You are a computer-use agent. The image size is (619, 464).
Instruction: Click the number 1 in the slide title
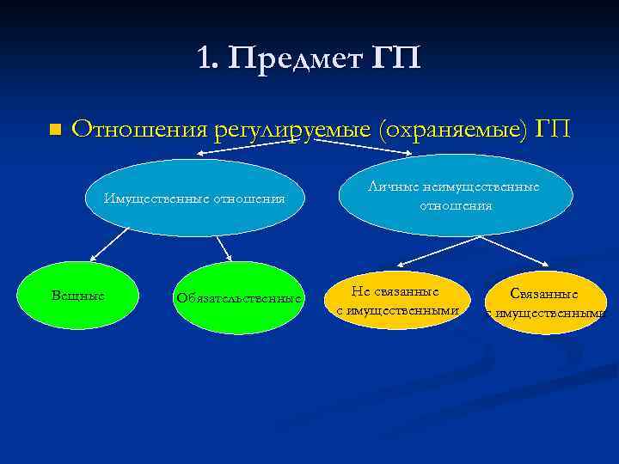(204, 58)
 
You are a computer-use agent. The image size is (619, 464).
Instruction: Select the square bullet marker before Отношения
(52, 130)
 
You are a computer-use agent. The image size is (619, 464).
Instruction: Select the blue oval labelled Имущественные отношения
(195, 198)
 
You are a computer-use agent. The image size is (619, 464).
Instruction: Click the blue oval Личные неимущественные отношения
(455, 196)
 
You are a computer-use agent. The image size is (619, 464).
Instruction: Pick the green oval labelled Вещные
(79, 296)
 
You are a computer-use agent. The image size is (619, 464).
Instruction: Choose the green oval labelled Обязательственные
(238, 298)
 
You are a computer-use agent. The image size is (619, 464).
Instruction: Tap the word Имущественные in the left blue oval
(156, 198)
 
